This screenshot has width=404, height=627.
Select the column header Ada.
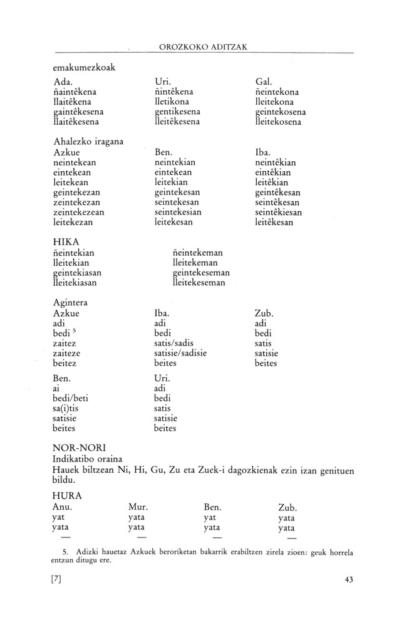point(63,82)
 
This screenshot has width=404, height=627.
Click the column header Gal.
point(263,82)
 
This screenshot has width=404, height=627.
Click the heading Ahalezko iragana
point(88,142)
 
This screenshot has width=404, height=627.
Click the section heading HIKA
point(66,243)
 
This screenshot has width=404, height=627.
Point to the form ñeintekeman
point(198,253)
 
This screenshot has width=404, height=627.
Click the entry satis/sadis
point(177,343)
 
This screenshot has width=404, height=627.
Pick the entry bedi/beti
point(72,399)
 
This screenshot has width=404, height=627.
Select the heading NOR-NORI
point(80,448)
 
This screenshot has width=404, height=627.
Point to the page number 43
point(349,580)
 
